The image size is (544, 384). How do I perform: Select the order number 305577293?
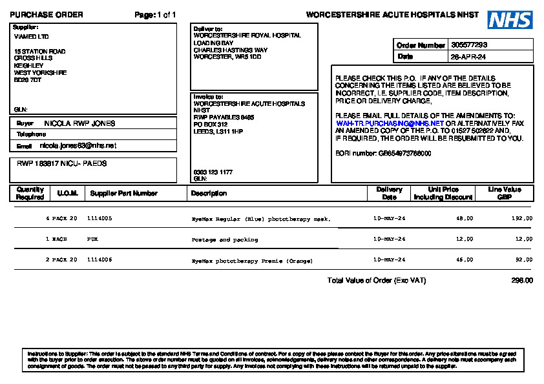(470, 45)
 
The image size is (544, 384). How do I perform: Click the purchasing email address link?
(390, 123)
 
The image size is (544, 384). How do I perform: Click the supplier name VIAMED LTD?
(31, 37)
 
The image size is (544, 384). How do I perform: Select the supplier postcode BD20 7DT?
(28, 80)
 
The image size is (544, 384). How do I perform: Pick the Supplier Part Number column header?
(123, 193)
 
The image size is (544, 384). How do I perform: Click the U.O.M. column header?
(67, 193)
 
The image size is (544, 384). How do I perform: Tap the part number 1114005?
(99, 219)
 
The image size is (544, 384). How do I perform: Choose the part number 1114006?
(99, 260)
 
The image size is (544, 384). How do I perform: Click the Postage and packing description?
(225, 239)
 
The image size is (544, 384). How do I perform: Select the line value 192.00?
(522, 219)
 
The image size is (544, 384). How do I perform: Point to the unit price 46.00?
(465, 260)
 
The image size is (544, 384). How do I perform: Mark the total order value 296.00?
(522, 281)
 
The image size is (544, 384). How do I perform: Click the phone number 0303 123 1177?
(213, 172)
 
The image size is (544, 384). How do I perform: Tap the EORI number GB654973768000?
(404, 153)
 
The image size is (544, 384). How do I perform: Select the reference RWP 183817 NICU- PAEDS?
(62, 164)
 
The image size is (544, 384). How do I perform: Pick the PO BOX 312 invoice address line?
(211, 124)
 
